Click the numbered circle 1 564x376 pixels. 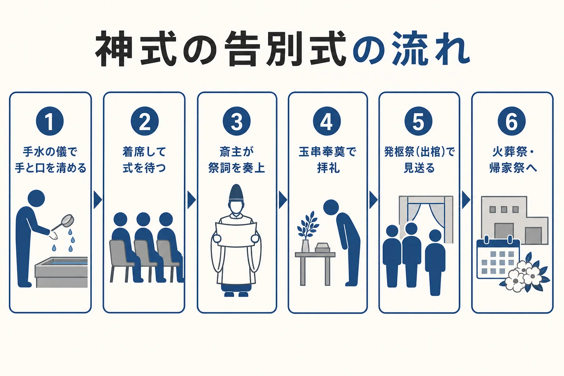click(50, 121)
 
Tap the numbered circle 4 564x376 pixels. click(327, 121)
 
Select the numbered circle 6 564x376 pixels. click(512, 121)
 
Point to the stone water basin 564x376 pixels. click(61, 272)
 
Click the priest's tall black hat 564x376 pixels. click(236, 193)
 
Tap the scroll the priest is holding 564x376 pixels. click(236, 235)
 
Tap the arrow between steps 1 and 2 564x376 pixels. click(98, 200)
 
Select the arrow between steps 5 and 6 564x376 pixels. click(466, 200)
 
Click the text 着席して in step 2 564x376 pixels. click(144, 152)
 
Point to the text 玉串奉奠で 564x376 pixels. click(328, 152)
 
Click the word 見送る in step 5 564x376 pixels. click(419, 168)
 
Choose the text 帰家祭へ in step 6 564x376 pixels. click(513, 168)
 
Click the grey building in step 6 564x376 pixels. click(515, 220)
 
